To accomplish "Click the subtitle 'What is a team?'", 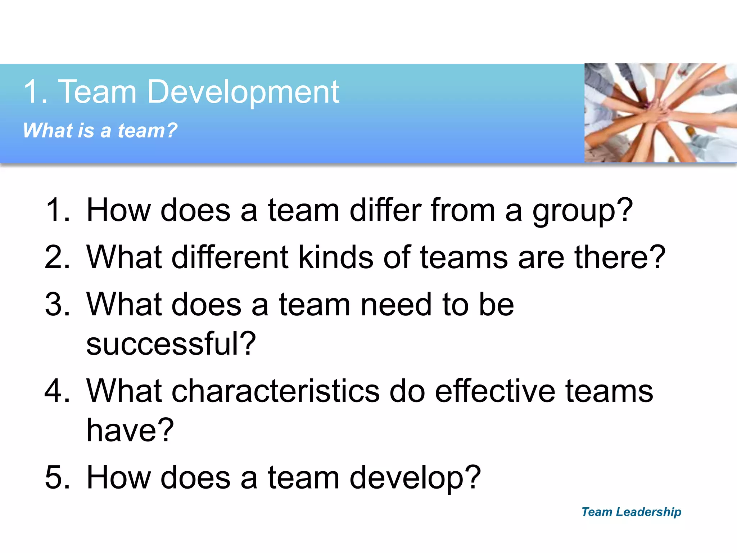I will point(100,130).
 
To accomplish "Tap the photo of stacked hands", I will point(660,113).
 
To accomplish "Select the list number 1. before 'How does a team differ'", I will point(58,210).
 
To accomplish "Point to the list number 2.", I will point(58,257).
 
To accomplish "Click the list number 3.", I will point(58,305).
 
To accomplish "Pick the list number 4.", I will point(58,391).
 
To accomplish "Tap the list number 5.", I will point(58,477).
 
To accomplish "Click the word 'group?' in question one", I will point(583,212).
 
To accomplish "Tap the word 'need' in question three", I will point(396,305).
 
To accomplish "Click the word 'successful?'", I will point(171,344).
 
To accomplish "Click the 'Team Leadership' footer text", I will point(631,512).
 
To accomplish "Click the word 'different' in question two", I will point(230,257).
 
